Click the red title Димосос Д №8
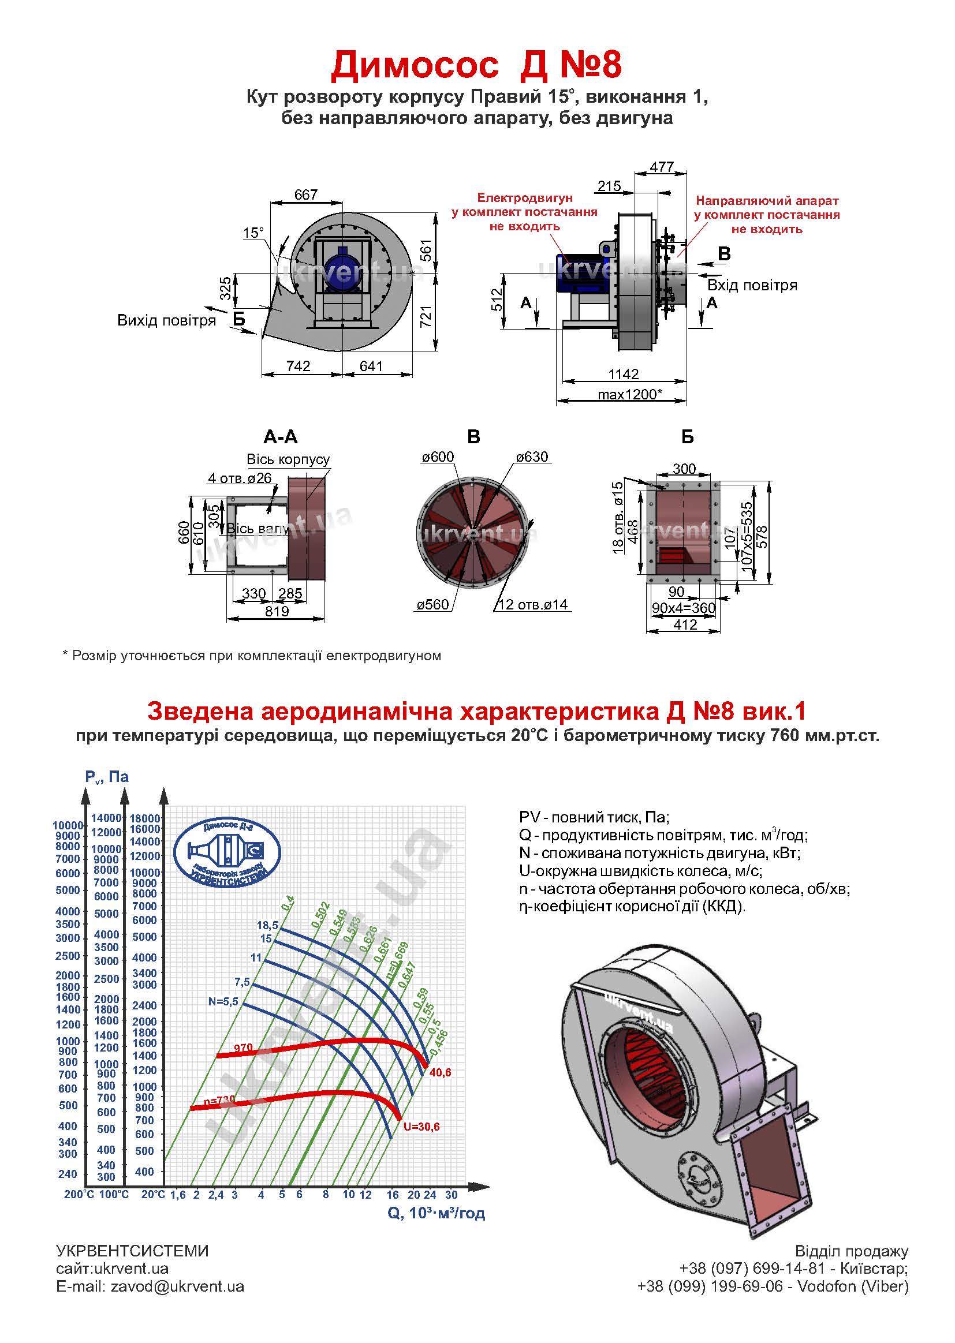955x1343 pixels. point(476,65)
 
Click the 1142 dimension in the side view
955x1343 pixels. point(624,375)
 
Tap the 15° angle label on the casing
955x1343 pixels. point(253,233)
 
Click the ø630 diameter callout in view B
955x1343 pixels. point(532,457)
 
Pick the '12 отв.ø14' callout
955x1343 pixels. point(533,605)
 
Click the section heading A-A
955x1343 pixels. point(281,437)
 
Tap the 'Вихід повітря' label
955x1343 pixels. point(166,320)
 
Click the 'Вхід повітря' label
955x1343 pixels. point(752,286)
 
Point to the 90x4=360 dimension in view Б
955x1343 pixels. point(683,608)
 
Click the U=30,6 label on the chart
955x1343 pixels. point(421,1127)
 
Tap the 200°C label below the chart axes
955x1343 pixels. point(79,1195)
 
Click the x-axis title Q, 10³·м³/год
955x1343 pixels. point(437,1213)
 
